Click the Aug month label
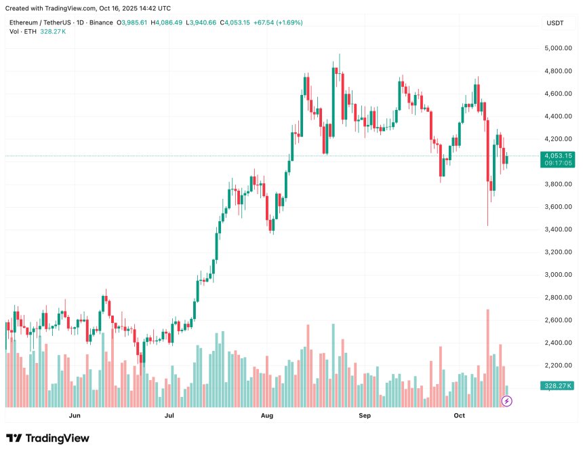coord(268,415)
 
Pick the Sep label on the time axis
coord(365,415)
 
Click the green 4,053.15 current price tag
coord(559,155)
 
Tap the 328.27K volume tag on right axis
coord(559,385)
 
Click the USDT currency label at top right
coord(555,23)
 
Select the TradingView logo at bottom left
coord(47,438)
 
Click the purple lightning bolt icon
coord(506,401)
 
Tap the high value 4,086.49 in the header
coord(169,22)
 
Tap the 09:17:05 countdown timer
coord(559,163)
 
